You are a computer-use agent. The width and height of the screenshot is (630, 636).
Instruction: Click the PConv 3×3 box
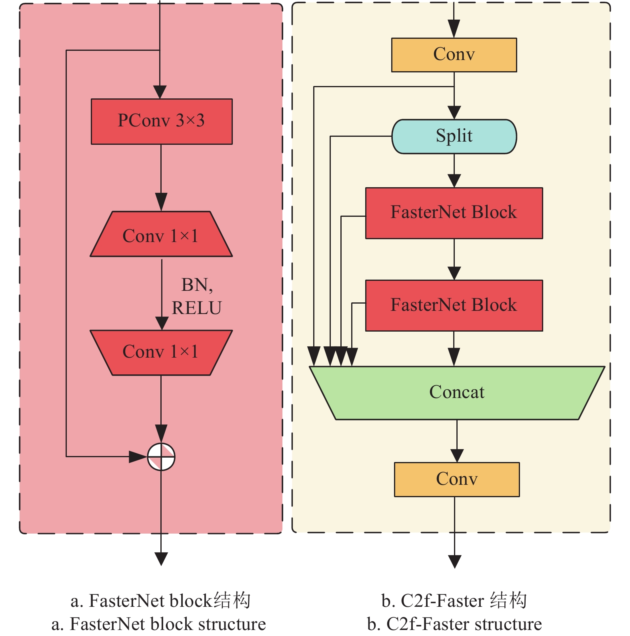click(x=162, y=121)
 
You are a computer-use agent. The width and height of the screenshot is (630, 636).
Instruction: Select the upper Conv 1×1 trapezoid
click(x=161, y=235)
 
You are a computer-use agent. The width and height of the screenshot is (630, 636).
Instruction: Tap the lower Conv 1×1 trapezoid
click(x=161, y=352)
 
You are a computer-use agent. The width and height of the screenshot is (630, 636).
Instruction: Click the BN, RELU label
click(x=196, y=296)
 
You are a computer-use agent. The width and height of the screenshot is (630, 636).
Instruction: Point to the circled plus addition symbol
click(x=161, y=457)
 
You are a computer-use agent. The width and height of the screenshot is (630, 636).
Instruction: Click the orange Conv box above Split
click(x=454, y=55)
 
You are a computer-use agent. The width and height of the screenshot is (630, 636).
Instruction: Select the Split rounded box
click(x=454, y=136)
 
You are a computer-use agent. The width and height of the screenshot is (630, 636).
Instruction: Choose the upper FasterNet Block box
click(x=454, y=213)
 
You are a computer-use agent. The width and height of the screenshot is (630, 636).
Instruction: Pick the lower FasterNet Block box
click(x=454, y=306)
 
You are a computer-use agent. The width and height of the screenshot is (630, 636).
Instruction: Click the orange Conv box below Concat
click(x=457, y=480)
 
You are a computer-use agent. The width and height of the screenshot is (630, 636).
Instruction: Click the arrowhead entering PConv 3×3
click(x=160, y=92)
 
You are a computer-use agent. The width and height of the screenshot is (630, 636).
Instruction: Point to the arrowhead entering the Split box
click(x=454, y=112)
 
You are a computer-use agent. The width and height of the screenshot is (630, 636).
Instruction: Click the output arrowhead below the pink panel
click(x=161, y=558)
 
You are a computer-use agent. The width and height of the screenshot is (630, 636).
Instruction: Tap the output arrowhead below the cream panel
click(x=455, y=561)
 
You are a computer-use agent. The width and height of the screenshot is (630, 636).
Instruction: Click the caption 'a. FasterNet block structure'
click(x=158, y=624)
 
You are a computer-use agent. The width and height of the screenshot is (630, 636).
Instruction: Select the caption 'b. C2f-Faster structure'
click(x=454, y=624)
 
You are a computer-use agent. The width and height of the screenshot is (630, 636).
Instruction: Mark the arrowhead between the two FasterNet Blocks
click(x=454, y=273)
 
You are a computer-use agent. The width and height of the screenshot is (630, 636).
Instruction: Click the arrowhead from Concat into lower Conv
click(x=457, y=456)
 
